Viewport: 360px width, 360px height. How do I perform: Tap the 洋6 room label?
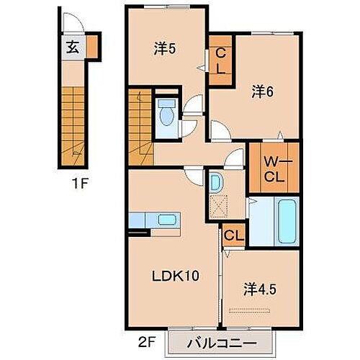262,91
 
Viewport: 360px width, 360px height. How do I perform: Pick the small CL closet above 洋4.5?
232,235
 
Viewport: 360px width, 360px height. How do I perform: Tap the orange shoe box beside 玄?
94,48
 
